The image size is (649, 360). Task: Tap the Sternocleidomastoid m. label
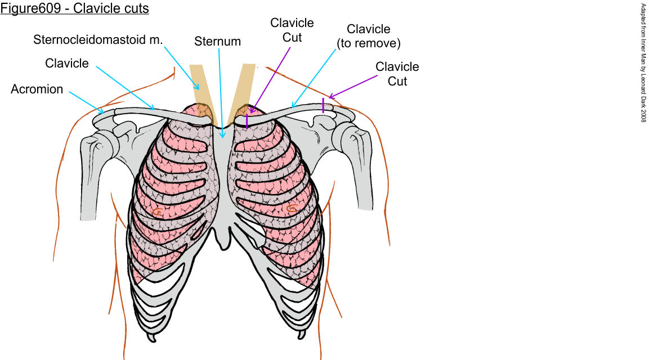click(x=98, y=39)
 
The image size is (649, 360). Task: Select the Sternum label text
click(x=217, y=42)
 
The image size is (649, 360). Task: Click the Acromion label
click(x=37, y=89)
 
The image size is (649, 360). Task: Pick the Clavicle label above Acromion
click(x=67, y=63)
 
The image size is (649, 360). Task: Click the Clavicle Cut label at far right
click(x=397, y=74)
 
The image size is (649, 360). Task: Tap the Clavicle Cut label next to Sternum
click(x=292, y=30)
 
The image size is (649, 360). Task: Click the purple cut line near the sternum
click(x=247, y=121)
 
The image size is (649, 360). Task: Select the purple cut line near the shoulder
click(x=323, y=105)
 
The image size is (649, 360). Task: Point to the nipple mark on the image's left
click(x=158, y=211)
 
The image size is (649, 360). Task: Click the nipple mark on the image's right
click(x=292, y=208)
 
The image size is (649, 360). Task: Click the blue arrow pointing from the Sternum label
click(x=220, y=93)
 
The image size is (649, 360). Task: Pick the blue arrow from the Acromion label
click(x=86, y=102)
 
